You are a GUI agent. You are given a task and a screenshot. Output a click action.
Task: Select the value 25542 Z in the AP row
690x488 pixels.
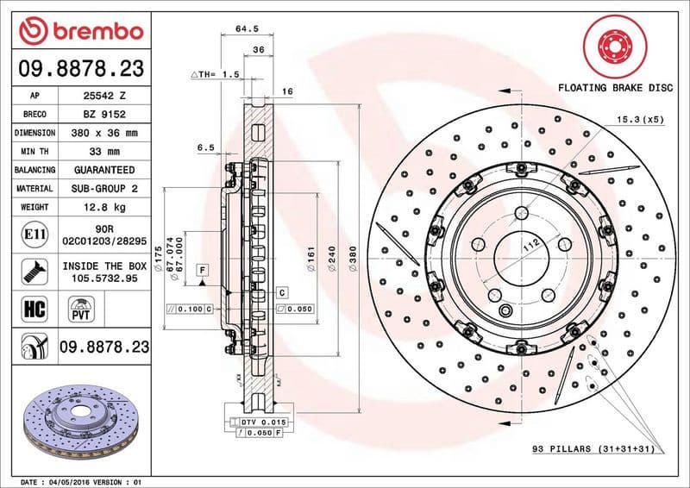[103, 96]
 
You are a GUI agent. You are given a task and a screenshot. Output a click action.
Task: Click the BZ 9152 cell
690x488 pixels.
[103, 114]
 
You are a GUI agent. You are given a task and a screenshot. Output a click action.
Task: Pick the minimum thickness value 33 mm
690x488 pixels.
[103, 152]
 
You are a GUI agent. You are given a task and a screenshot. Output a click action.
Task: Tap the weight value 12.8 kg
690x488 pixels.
[103, 208]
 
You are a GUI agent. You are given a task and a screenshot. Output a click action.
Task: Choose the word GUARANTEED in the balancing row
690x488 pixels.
[103, 170]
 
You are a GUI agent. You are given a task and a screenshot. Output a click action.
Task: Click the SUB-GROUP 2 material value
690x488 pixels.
[103, 188]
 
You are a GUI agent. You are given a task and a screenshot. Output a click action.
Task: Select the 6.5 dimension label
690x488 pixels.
[205, 147]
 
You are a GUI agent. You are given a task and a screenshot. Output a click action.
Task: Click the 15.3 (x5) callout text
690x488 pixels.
[639, 119]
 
